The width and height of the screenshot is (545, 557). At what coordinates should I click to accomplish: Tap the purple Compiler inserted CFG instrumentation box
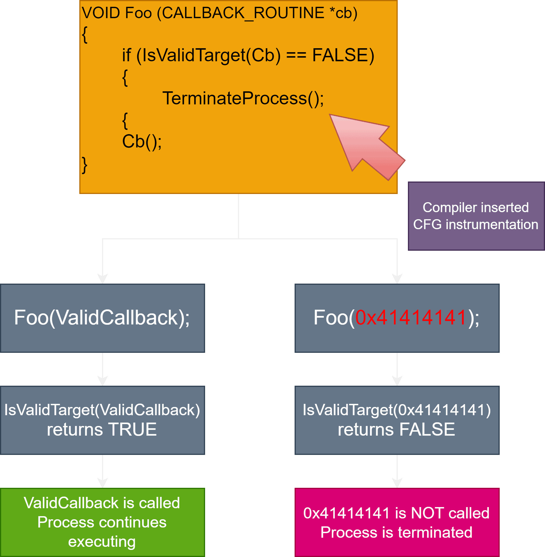point(476,216)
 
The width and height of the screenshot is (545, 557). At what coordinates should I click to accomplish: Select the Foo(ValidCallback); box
point(103,318)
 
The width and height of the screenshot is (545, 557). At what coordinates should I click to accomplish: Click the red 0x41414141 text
point(410,318)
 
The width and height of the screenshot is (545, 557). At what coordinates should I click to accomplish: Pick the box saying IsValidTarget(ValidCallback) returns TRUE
point(103,420)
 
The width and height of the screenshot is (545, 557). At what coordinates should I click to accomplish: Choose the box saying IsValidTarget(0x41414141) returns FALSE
point(397,420)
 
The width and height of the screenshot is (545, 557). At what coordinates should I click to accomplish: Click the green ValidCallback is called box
point(103,522)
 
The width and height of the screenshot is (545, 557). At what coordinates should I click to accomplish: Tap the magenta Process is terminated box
point(397,522)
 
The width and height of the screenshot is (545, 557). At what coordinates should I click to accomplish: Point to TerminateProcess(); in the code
point(243,98)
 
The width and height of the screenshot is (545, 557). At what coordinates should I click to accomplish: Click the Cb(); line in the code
point(142,142)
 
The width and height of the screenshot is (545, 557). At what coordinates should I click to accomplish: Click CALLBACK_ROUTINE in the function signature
point(241,13)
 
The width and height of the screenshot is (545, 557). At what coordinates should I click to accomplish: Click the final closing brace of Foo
point(84,165)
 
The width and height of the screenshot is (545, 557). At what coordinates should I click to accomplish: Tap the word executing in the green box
point(102,541)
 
